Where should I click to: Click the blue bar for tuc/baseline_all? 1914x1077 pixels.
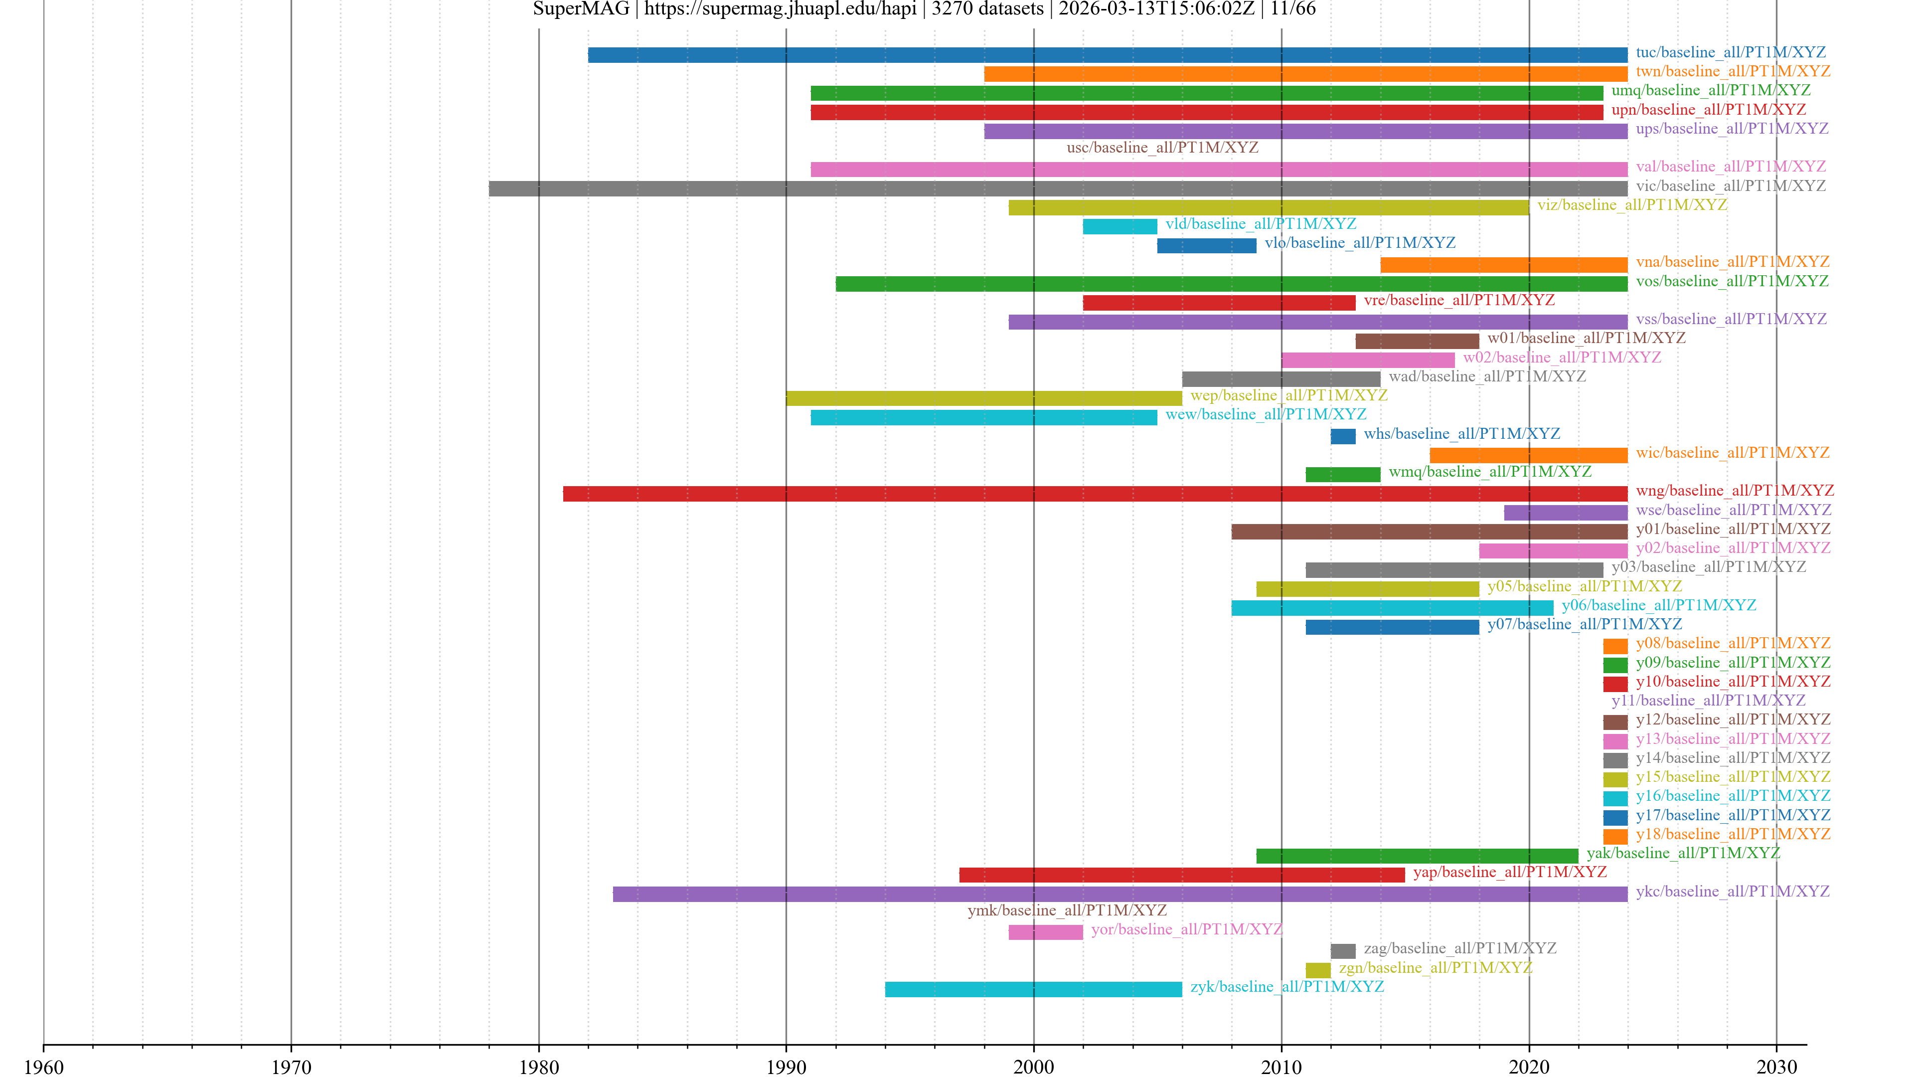(1107, 55)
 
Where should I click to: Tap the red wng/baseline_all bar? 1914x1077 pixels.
(1095, 494)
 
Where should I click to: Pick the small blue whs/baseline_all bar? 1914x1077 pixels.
(1343, 436)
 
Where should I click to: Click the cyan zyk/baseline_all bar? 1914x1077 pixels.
(1033, 989)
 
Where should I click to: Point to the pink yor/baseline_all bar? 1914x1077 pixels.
(1045, 932)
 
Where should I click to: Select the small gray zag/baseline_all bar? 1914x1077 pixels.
(1343, 951)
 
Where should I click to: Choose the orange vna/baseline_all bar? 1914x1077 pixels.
(1503, 265)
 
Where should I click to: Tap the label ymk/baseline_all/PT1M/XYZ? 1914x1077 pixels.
(1066, 910)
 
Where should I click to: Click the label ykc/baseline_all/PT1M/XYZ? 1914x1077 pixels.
(1732, 891)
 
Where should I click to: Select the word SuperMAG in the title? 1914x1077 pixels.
(581, 9)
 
